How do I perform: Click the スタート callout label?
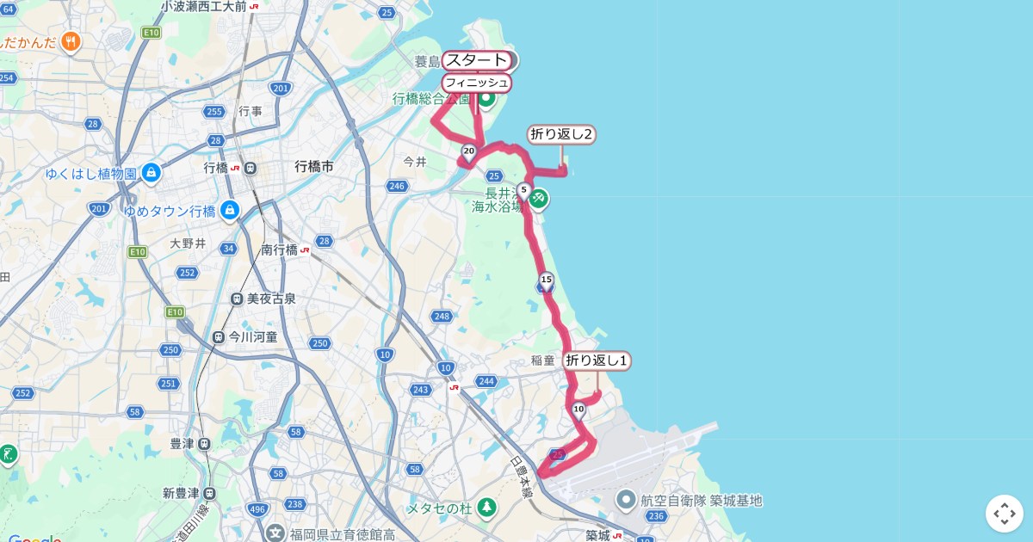point(477,60)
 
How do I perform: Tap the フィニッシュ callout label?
point(476,83)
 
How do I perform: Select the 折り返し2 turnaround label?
point(562,134)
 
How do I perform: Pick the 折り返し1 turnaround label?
point(597,360)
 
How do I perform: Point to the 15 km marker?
point(546,280)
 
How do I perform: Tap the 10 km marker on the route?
point(578,410)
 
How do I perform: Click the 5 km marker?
point(523,190)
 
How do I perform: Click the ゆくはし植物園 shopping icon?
point(152,173)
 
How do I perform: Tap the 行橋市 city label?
point(313,167)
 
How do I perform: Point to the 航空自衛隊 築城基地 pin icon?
point(626,500)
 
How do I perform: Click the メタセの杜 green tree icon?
point(486,508)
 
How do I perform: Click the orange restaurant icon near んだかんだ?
point(71,40)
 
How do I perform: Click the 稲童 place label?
point(542,360)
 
